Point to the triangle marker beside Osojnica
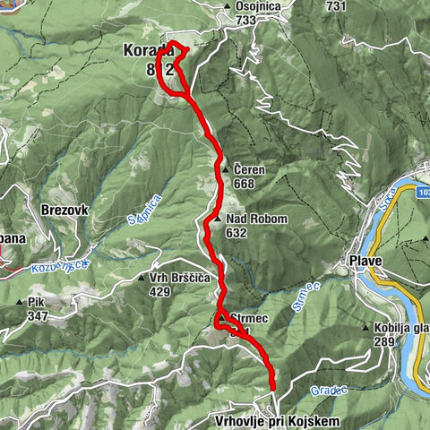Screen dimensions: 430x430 tap(226, 7)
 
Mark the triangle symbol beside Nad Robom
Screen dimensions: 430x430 tap(218, 219)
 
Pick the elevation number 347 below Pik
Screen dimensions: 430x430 tap(37, 316)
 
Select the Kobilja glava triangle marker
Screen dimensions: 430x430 tap(366, 328)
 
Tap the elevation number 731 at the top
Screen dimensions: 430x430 tap(336, 6)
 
